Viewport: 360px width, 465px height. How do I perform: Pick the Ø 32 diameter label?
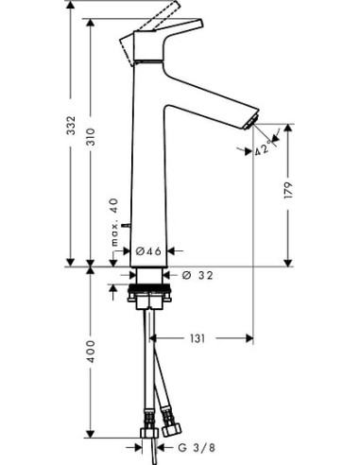[x=195, y=275]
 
